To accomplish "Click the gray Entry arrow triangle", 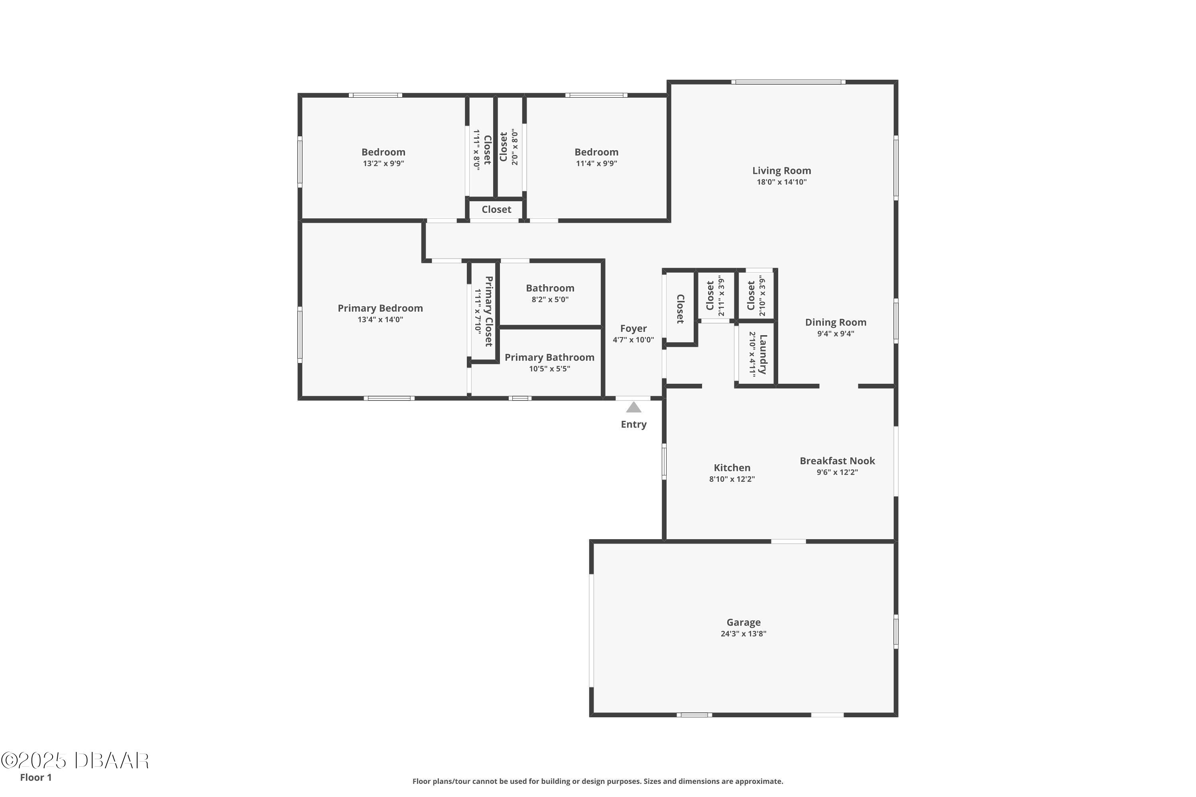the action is (x=633, y=407).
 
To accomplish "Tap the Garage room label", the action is (x=744, y=622).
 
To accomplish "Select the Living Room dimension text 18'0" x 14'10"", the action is (x=781, y=182).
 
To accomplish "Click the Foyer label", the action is (x=633, y=329).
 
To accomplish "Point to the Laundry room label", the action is (x=763, y=354).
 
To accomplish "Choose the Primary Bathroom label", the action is (x=550, y=357).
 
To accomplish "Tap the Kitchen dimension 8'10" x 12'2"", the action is (x=732, y=479).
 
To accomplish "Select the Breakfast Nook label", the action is (x=838, y=461).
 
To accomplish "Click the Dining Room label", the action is (x=836, y=322).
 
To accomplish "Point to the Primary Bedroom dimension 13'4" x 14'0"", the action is (x=380, y=320).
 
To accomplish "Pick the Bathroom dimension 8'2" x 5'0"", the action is (x=550, y=299).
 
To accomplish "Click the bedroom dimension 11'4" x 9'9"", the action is (x=596, y=163).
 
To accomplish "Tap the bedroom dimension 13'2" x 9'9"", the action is (x=384, y=163).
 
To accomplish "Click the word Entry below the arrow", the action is (x=633, y=424).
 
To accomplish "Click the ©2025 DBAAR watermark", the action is (x=75, y=761).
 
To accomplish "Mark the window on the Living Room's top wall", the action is (x=789, y=82).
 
